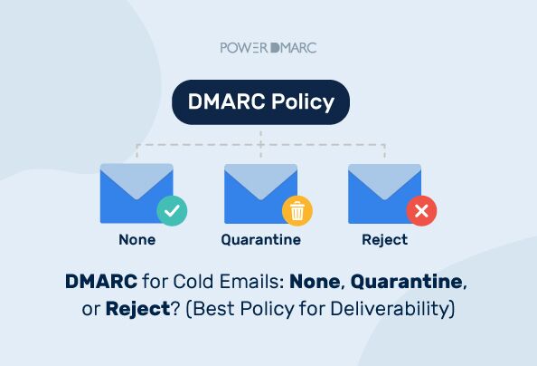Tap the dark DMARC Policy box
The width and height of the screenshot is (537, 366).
click(x=260, y=101)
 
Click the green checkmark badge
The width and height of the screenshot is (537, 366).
click(x=172, y=211)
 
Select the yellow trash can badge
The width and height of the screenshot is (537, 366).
click(x=297, y=211)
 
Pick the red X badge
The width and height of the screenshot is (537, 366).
click(x=420, y=211)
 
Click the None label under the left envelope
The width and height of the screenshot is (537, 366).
click(x=137, y=240)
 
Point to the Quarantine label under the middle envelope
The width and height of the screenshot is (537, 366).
click(x=260, y=240)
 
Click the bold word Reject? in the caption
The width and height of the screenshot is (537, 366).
click(x=138, y=309)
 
